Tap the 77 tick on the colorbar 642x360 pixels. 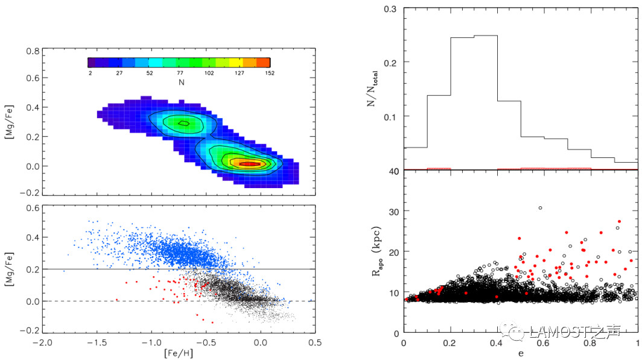point(179,72)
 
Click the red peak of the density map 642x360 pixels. point(249,163)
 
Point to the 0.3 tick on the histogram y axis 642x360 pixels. point(392,10)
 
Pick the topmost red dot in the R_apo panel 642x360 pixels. point(619,221)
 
